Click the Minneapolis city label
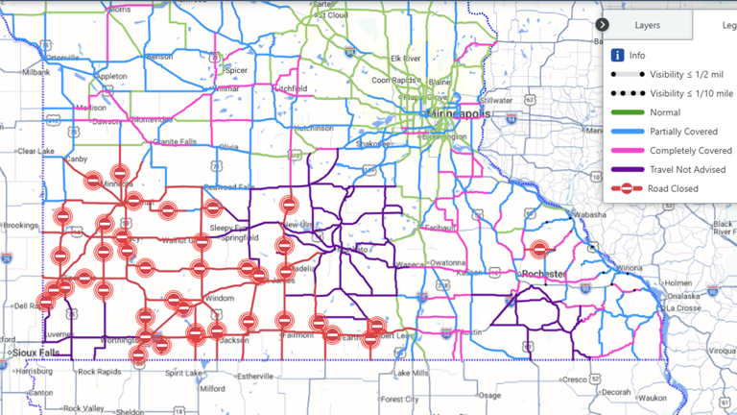[x=460, y=113]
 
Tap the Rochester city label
[x=542, y=274]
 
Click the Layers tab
[x=647, y=25]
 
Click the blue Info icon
[x=618, y=55]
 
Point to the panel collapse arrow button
[x=602, y=25]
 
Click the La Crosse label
[x=682, y=308]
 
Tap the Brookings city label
[x=19, y=225]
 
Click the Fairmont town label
[x=298, y=335]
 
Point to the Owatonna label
[x=447, y=262]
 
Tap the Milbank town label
[x=37, y=72]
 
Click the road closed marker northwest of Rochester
[x=539, y=249]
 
